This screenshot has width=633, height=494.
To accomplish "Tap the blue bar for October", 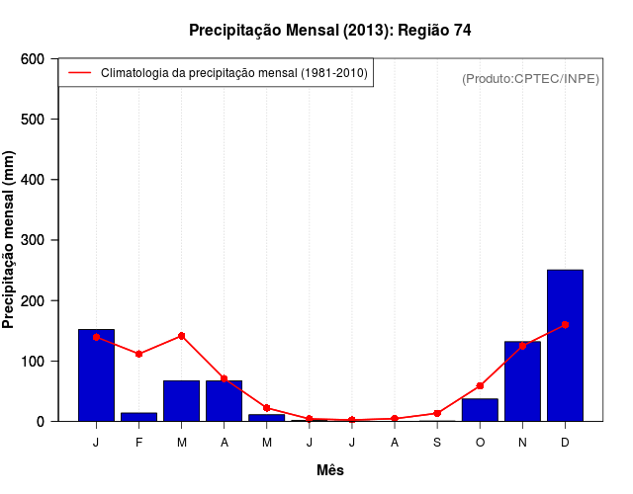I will click(480, 409).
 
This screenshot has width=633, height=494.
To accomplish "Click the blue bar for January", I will click(96, 374).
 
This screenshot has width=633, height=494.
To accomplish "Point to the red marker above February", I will click(138, 354).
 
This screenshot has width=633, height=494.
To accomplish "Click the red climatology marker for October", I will click(480, 385).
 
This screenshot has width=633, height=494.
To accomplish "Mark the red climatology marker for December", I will click(565, 324).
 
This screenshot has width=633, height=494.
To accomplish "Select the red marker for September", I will click(437, 413).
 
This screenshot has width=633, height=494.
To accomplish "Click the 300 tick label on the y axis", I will click(32, 240).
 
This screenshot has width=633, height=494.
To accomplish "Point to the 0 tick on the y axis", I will click(41, 421).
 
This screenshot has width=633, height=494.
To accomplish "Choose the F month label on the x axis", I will click(138, 442).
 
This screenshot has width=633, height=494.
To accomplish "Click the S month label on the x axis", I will click(437, 442).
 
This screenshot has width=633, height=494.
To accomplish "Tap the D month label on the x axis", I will click(565, 442).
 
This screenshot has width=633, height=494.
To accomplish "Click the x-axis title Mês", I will click(330, 470).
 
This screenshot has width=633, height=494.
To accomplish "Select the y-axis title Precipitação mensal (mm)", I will click(10, 240).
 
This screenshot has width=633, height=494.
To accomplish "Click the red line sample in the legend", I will click(79, 73).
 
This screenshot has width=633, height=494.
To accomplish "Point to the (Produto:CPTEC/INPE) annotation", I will click(530, 78).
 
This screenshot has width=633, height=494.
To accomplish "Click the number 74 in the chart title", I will click(462, 31).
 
